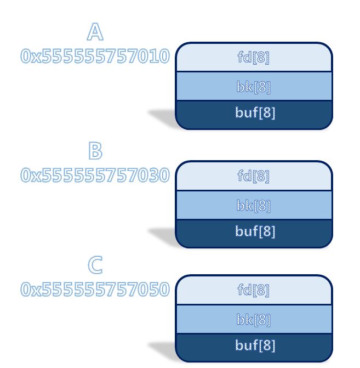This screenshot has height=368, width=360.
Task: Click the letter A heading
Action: point(95,32)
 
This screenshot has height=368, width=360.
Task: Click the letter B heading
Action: point(95,151)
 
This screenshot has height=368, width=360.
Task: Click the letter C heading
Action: point(95,265)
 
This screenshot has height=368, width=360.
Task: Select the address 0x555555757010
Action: point(95,56)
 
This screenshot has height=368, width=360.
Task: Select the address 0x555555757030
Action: point(95,175)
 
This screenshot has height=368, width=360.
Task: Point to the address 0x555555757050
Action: point(95,289)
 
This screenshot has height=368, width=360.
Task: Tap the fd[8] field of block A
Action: point(254,57)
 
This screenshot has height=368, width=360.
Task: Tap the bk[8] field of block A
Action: point(254,86)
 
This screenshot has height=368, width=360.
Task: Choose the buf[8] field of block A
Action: point(254,113)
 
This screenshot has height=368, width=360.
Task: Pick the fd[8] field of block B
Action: point(254,176)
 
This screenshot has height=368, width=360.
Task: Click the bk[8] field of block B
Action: point(254,205)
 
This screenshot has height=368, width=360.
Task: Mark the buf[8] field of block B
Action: point(254,231)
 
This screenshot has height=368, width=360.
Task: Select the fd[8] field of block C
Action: point(254,290)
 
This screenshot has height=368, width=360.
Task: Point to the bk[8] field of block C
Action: point(254,319)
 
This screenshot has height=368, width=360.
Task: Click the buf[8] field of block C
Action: point(254,346)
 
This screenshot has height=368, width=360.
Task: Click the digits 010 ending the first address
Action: point(156,56)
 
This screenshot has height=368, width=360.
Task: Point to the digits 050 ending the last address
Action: point(156,289)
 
